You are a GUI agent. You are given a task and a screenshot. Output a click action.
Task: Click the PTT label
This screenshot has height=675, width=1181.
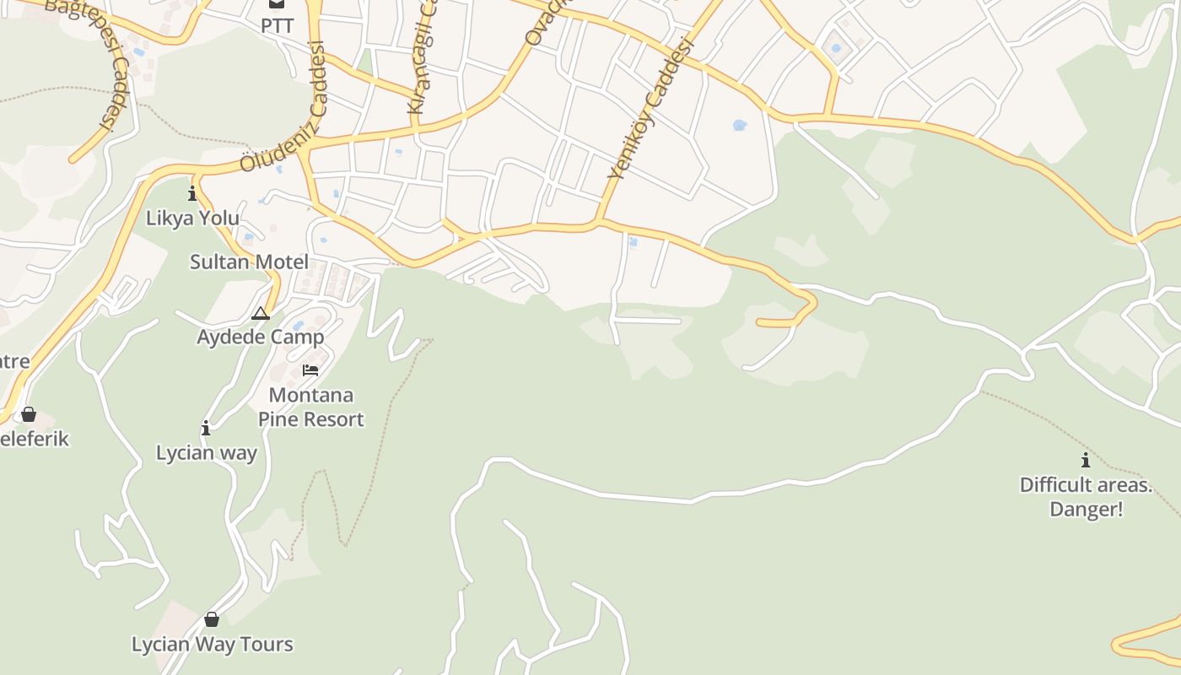277,26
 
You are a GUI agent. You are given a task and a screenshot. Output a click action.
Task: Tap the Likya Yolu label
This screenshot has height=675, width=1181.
192,218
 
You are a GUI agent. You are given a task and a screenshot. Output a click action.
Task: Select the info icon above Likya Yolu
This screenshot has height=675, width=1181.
192,194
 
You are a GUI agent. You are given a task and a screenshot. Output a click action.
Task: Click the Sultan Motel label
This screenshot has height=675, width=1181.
249,262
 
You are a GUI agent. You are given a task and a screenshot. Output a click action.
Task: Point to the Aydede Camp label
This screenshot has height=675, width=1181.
260,337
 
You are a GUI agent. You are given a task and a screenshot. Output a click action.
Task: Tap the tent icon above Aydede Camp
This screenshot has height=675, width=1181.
261,314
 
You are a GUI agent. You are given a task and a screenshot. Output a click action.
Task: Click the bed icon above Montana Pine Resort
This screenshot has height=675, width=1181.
310,370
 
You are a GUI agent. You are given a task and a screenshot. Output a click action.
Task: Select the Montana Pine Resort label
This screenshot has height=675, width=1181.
310,408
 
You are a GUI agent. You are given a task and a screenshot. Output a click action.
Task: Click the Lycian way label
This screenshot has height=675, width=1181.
207,453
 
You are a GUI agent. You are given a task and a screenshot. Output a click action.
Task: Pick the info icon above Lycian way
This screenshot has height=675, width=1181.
206,429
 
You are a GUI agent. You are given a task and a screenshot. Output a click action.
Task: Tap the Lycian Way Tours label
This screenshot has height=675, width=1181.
212,645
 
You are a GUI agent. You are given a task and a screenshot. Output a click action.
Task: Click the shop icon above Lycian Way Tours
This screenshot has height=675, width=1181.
212,620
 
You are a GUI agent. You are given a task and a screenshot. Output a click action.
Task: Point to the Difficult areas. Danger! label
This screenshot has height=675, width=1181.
1086,497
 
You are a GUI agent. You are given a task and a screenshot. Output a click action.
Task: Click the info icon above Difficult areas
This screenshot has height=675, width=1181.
1086,461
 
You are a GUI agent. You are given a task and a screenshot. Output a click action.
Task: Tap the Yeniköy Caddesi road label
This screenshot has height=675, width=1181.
649,110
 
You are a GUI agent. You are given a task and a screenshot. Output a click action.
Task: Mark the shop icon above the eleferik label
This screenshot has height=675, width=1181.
29,414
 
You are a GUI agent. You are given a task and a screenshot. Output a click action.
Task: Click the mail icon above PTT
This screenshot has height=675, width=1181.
277,4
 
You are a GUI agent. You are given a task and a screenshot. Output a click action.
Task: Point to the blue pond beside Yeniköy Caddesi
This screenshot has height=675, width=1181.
740,126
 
